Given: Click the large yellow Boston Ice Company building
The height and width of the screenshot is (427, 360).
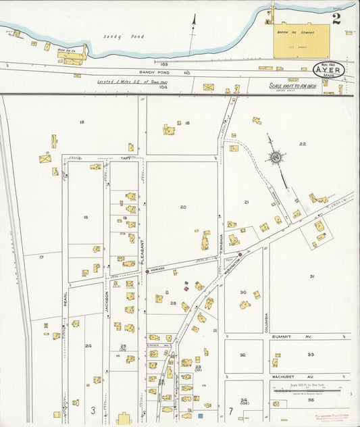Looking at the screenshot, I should point(301,41).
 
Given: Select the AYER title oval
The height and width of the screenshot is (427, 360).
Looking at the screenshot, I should point(330,70).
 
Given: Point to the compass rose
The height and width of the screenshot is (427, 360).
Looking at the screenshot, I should point(276,158).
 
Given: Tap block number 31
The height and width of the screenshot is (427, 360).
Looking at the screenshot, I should point(311,276).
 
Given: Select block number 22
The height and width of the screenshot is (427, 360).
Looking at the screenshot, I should point(303,144).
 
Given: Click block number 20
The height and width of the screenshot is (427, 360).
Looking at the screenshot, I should point(182,207).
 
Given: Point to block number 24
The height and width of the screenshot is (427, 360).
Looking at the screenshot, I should point(88,345).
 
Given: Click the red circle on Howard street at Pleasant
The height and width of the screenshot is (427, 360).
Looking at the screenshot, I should point(147,272).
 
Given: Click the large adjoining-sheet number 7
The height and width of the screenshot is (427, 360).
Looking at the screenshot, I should point(230,410).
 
